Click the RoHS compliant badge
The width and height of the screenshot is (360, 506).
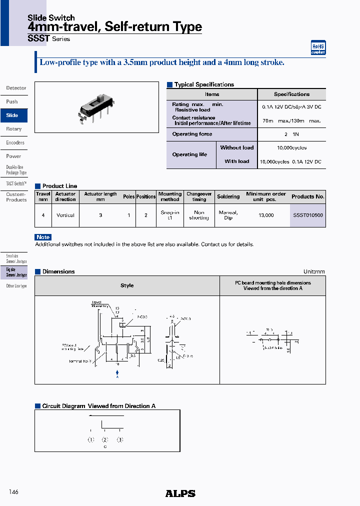[318, 47]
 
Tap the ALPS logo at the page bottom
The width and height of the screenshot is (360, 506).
[180, 493]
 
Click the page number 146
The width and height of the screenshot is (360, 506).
[13, 492]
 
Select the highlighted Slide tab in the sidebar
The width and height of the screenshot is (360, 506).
[13, 115]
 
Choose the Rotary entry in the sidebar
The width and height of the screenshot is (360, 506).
[14, 129]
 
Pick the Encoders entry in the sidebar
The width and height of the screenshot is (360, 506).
[15, 142]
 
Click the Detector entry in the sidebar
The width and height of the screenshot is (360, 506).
[16, 88]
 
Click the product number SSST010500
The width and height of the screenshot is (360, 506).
[307, 215]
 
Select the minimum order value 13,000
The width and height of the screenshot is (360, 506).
[265, 215]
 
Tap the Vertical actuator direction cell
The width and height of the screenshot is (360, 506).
[65, 215]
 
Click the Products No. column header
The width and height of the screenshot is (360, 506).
[307, 196]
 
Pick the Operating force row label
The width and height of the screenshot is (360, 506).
[192, 134]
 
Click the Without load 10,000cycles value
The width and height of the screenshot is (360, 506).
[291, 148]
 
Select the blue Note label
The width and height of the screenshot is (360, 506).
[43, 237]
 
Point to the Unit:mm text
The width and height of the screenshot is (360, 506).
[314, 271]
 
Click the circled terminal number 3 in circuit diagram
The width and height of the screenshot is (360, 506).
[119, 440]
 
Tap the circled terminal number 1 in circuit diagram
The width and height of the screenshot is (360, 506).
[90, 440]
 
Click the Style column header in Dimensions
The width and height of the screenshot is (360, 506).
[127, 285]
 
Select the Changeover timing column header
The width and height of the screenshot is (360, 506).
[199, 196]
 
